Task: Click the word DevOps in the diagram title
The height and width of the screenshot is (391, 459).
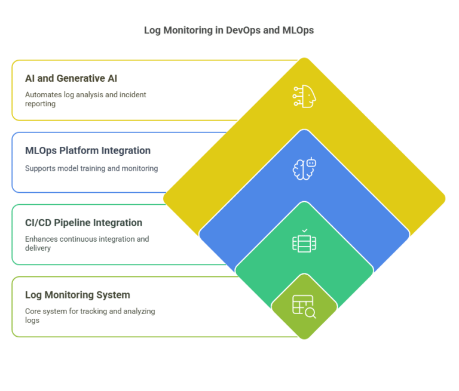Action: click(243, 30)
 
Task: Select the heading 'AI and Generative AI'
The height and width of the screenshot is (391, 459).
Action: click(71, 78)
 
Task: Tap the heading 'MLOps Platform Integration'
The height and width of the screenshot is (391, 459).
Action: click(88, 150)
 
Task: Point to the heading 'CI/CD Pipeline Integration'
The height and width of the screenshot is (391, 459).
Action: click(84, 223)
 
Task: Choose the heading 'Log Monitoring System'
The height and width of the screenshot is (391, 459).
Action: click(78, 295)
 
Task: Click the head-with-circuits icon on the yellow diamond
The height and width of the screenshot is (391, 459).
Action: click(304, 97)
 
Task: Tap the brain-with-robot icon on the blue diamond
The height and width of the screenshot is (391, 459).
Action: click(304, 169)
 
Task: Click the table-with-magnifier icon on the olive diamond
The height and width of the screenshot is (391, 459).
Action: click(304, 307)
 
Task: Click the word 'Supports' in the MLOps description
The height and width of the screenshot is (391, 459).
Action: click(40, 168)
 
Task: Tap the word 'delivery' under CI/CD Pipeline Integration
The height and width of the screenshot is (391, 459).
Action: click(38, 248)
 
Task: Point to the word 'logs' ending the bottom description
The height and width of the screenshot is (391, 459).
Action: click(32, 320)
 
